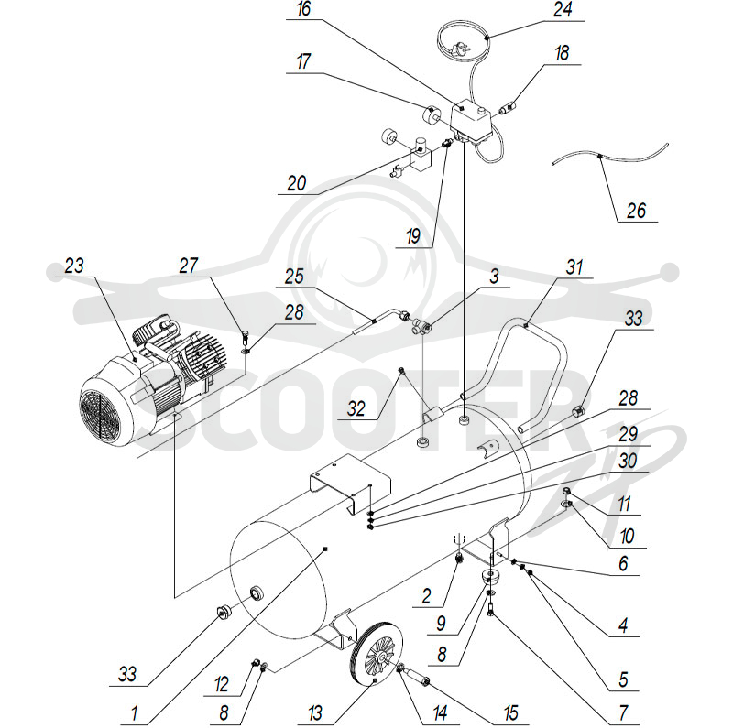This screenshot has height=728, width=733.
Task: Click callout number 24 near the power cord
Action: pos(563,10)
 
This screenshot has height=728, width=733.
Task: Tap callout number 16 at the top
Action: pos(304,9)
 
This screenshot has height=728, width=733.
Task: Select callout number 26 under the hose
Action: pos(636,211)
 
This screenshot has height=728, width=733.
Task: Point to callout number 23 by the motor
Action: pos(74,266)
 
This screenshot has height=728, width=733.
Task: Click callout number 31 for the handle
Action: pos(574,267)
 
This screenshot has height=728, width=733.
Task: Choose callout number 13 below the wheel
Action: pos(315,713)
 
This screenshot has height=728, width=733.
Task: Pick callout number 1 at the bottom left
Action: pos(135,713)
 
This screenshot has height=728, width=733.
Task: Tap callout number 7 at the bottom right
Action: pos(623,713)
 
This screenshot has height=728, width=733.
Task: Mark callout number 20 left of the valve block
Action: pos(296,184)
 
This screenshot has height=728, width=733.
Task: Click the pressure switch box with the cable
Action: pos(470,121)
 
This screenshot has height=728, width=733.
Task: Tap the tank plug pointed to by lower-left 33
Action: pos(223,611)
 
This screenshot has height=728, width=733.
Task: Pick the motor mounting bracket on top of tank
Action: pos(350,482)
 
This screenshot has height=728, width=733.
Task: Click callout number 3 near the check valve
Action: pos(494,277)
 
